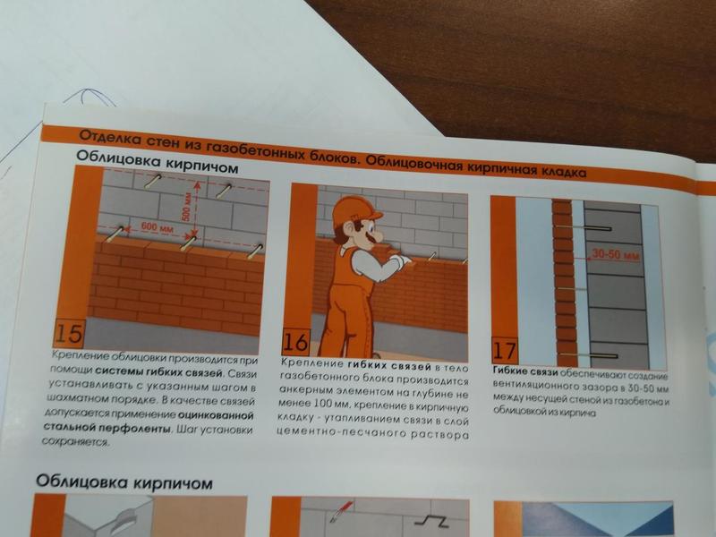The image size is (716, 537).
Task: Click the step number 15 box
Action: coord(70,333)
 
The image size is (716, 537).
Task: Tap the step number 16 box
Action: coord(296,342)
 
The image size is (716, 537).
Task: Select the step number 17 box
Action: coord(505,351)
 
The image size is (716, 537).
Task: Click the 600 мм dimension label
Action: coord(158,226)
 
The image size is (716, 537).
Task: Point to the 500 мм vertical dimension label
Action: coord(186,207)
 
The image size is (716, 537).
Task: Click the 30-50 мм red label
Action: coord(616,254)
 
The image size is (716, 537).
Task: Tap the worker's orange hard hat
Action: coord(355,209)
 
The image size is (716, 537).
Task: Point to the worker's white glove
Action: coord(401,260)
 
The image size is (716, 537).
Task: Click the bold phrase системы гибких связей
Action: coord(159,371)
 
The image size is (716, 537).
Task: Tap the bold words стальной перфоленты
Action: coord(107,428)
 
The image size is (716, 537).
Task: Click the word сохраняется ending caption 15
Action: coord(75,441)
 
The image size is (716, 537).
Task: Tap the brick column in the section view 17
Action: coord(565,283)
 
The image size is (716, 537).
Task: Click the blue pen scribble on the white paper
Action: coord(91,98)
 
